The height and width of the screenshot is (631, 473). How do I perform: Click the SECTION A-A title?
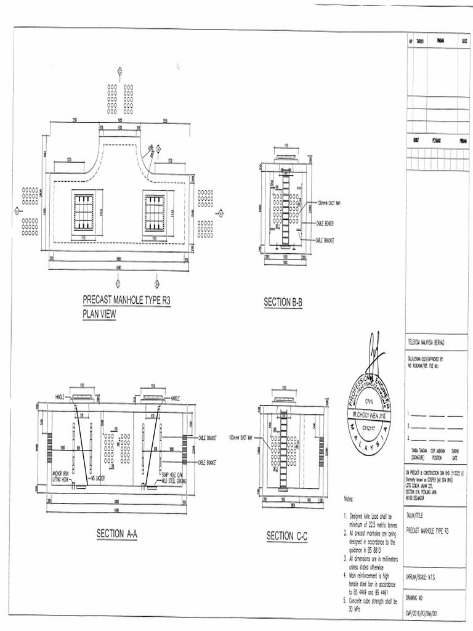coord(116,534)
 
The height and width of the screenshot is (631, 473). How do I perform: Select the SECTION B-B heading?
coord(283,302)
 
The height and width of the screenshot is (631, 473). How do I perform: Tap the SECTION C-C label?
coord(286,537)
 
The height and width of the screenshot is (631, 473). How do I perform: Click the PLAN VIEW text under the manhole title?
coord(99,314)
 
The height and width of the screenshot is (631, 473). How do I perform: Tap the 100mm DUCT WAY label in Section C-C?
coord(241,439)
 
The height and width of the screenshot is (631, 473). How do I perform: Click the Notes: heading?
coord(349,498)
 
